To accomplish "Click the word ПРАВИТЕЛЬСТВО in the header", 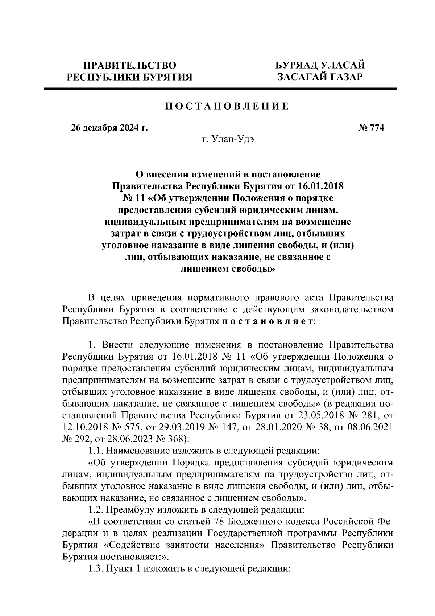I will point(130,66).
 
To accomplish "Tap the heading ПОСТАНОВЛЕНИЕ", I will point(227,106).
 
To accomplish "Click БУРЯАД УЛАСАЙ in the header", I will point(320,66).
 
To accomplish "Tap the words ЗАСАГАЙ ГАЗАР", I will point(320,77).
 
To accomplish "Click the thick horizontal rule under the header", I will point(220,89).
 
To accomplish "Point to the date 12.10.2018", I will point(84,427).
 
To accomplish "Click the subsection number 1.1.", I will point(96,451).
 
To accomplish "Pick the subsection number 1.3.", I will point(96,568).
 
